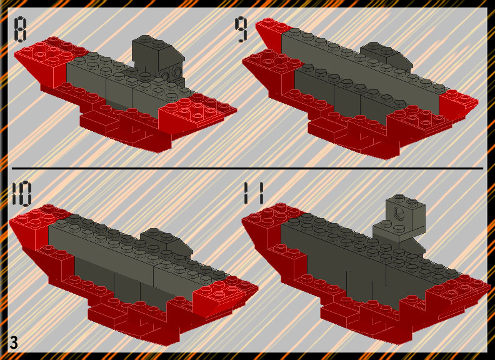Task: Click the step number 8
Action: pos(20,29)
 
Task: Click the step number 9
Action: pos(241,29)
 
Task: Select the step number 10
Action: pos(21,192)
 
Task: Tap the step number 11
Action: pos(253,193)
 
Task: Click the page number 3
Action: pos(14,342)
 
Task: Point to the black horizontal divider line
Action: pos(247,169)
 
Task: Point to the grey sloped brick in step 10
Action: pos(167,242)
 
